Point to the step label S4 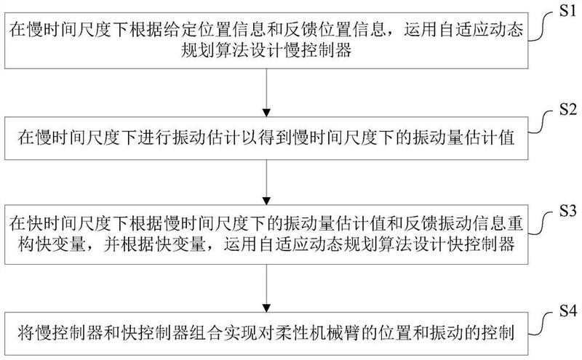coord(565,312)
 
